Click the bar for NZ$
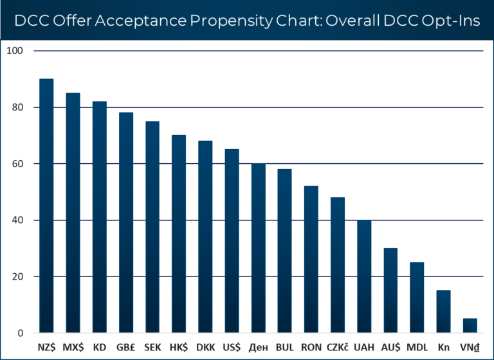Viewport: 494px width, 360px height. [46, 206]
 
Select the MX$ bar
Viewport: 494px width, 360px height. [73, 213]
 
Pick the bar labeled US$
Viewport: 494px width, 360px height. [232, 241]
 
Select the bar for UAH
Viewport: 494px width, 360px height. [363, 276]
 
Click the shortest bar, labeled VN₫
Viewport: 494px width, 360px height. [470, 326]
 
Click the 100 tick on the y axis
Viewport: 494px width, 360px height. [14, 51]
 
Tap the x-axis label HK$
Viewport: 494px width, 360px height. [178, 347]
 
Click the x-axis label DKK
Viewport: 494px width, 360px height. [205, 347]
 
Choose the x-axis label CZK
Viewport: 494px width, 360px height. [338, 347]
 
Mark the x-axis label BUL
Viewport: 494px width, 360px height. [284, 347]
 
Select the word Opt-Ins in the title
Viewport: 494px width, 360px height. [450, 21]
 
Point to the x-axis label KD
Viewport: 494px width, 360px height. [100, 347]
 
